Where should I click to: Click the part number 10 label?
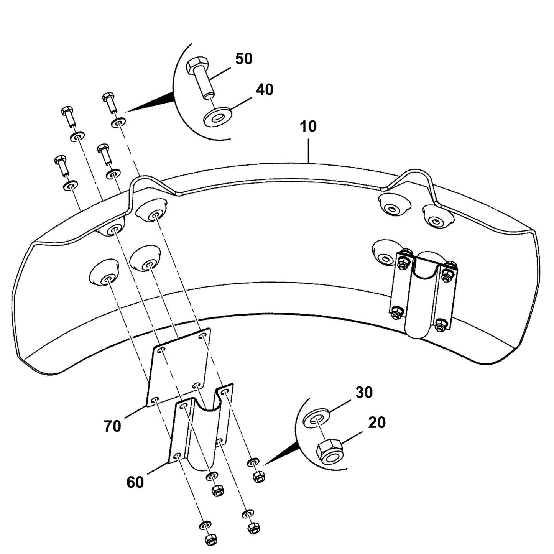308,127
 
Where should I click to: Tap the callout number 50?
244,59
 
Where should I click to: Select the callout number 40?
265,90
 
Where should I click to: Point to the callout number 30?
364,393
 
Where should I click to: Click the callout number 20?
376,422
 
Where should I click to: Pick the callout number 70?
112,426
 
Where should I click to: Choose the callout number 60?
135,482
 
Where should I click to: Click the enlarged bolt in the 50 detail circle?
201,79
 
